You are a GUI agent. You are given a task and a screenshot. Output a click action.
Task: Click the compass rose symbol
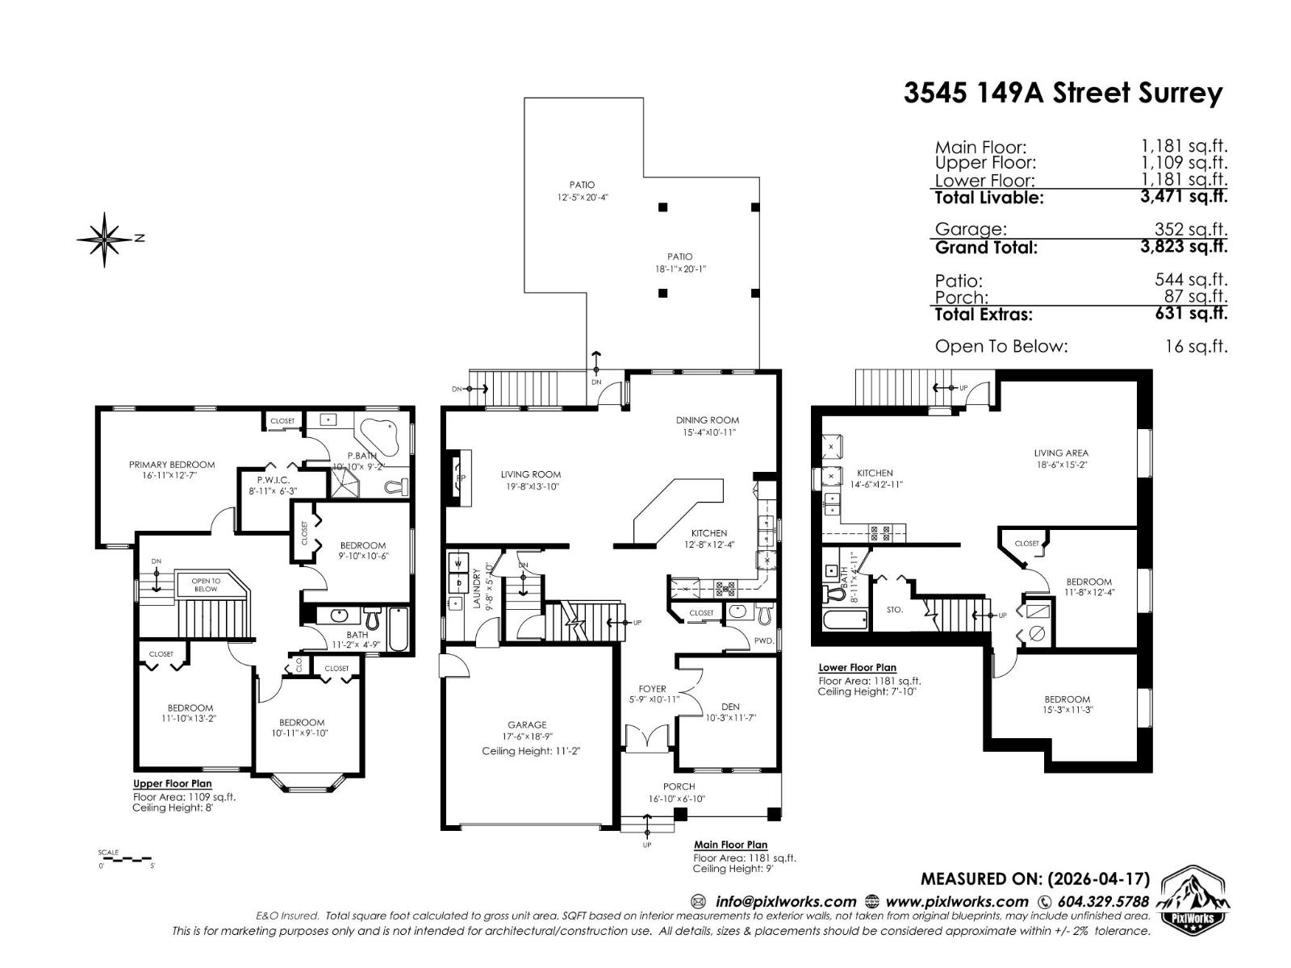click(104, 239)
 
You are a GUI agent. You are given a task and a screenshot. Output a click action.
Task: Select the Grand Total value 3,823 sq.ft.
click(1183, 246)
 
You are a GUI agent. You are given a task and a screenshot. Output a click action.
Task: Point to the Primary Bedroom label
click(172, 465)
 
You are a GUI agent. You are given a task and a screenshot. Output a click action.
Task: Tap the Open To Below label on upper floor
click(206, 585)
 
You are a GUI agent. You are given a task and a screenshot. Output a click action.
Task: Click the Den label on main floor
click(730, 707)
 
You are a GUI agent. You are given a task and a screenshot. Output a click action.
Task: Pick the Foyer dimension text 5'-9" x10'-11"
click(654, 699)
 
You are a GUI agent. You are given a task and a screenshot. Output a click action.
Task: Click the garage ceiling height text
click(531, 750)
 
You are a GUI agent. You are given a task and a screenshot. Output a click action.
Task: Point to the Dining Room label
click(707, 419)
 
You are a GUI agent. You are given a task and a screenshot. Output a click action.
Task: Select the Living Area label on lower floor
click(1060, 453)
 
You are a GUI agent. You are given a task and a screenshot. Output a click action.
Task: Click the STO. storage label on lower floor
click(894, 610)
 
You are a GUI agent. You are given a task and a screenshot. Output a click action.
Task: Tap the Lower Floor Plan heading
click(857, 668)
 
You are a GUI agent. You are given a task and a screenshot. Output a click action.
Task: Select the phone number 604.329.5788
click(1102, 902)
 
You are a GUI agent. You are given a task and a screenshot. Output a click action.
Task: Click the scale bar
click(126, 859)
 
